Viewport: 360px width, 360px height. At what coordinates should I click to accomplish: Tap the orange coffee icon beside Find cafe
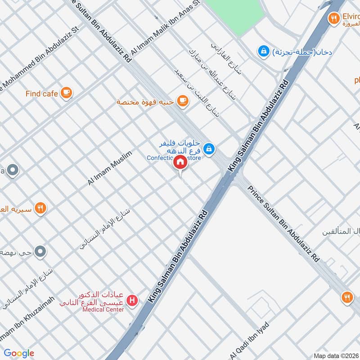click(66, 93)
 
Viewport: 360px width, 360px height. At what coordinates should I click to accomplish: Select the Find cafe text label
click(42, 94)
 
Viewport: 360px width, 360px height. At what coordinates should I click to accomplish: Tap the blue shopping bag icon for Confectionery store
click(208, 148)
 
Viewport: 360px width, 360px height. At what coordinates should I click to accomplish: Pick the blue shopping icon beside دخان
click(262, 52)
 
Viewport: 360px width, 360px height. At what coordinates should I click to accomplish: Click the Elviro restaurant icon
click(333, 18)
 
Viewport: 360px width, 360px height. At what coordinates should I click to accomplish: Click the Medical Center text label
click(103, 310)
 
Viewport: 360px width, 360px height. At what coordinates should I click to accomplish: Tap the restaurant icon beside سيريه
click(40, 208)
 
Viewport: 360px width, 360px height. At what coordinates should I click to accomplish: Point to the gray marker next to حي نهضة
click(40, 252)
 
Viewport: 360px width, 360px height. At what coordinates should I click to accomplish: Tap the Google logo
click(19, 353)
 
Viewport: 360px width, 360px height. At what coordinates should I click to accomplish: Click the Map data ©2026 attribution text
click(336, 355)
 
